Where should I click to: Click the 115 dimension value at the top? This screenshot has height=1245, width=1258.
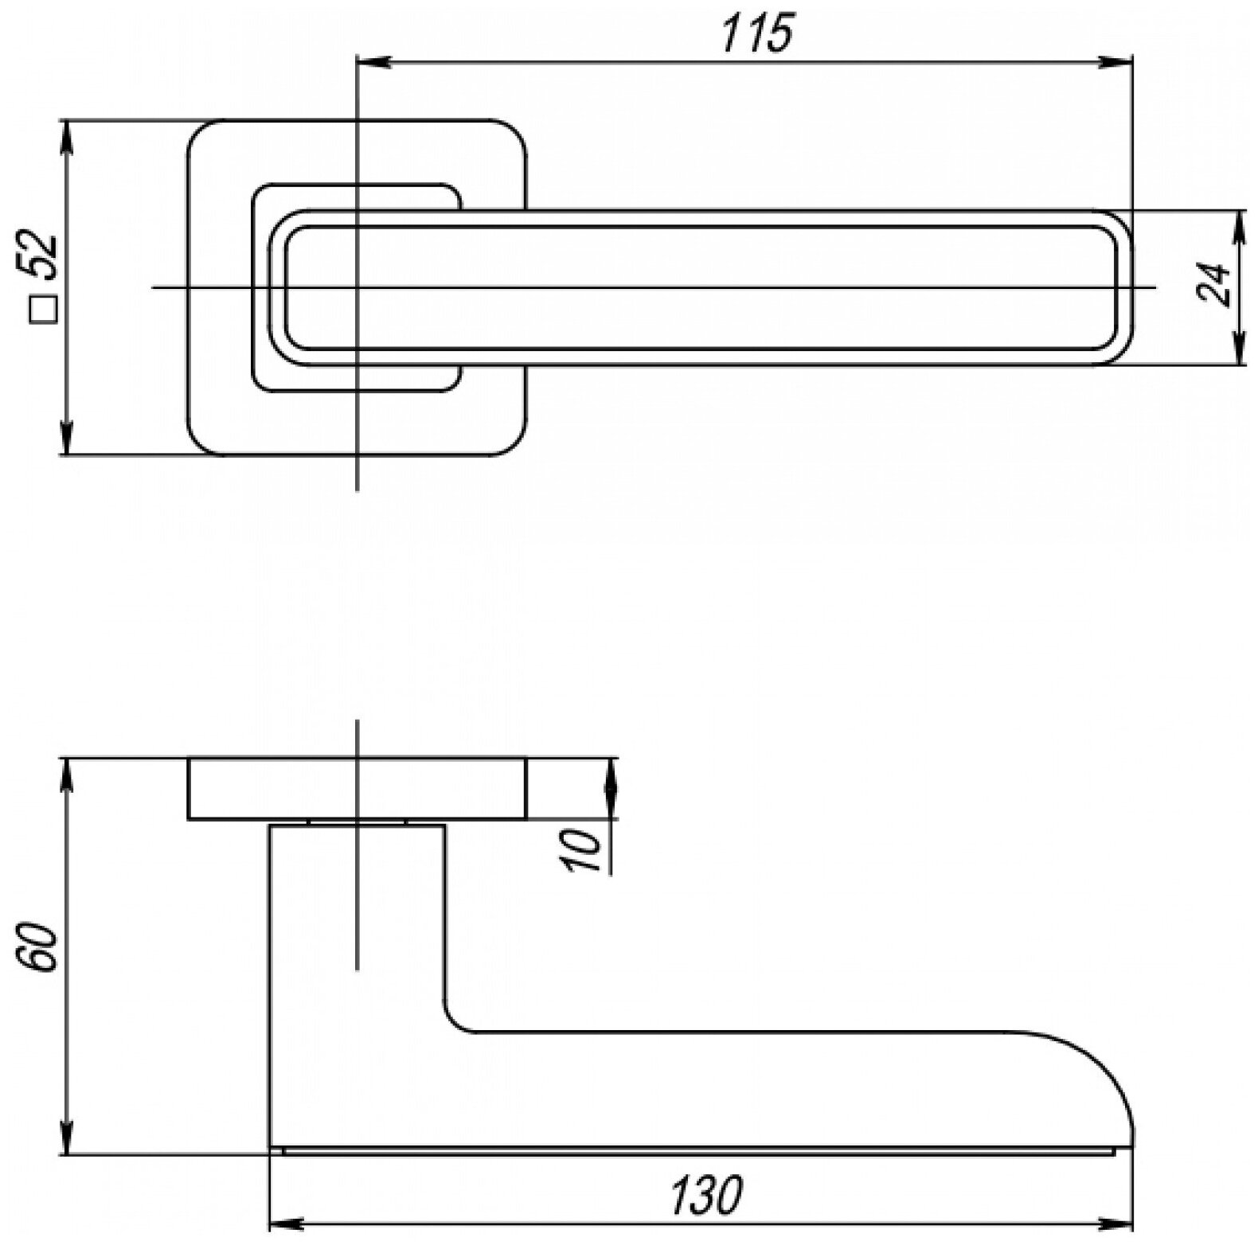coord(757,33)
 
